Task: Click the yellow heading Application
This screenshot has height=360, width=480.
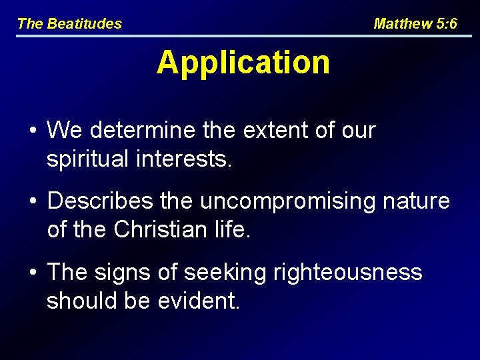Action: point(243,63)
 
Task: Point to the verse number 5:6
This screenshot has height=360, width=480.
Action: point(445,24)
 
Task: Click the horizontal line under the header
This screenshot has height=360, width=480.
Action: point(240,35)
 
